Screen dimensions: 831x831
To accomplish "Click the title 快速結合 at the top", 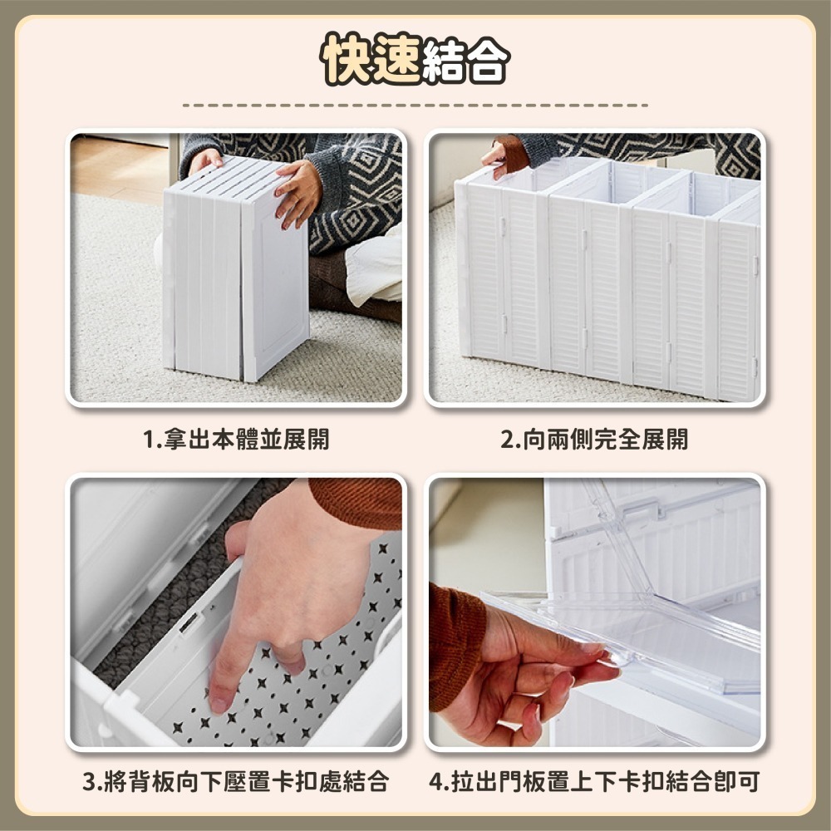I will pyautogui.click(x=415, y=60).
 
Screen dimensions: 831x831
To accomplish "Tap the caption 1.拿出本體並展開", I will pyautogui.click(x=235, y=439).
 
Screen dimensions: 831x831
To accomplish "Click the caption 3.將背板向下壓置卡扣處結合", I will pyautogui.click(x=235, y=781).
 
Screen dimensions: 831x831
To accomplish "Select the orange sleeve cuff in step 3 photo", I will pyautogui.click(x=357, y=502).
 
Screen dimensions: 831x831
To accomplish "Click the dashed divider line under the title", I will pyautogui.click(x=415, y=106).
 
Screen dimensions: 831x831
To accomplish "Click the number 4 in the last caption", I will pyautogui.click(x=437, y=781).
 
